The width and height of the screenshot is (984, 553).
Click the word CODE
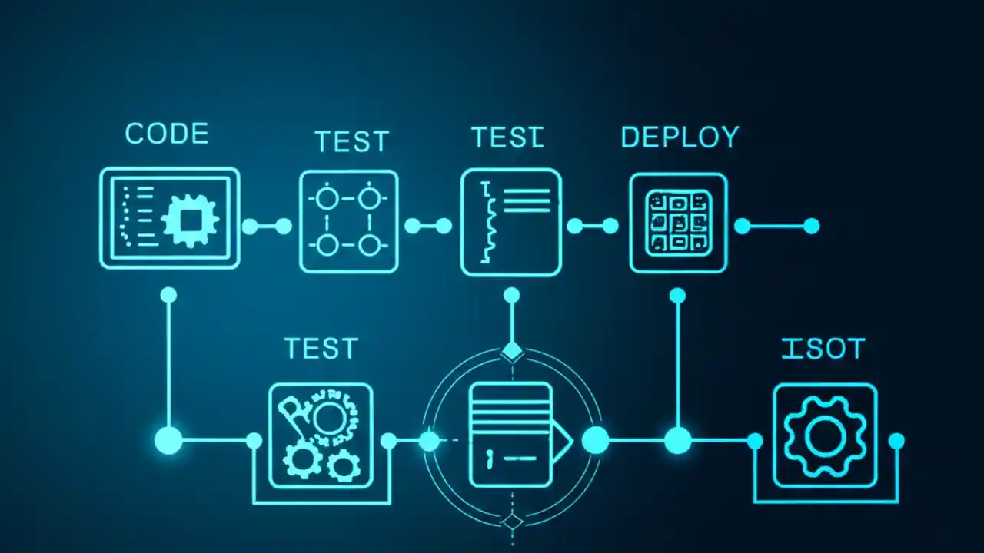pos(166,134)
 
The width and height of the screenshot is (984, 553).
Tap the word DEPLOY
pos(680,137)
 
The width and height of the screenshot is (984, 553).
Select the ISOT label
pos(823,349)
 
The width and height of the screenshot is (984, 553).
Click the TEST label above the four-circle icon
pos(351,142)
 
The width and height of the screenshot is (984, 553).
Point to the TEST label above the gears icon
pos(321,349)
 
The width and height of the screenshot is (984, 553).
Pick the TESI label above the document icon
pos(507,137)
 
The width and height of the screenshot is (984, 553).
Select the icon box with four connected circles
pos(348,222)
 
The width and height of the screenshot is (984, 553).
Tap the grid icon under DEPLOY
pos(677,223)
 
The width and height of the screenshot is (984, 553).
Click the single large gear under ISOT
pos(824,436)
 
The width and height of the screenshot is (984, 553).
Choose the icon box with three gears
pos(321,436)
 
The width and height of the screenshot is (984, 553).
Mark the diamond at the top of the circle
pos(512,352)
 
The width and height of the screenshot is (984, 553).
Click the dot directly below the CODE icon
pos(168,295)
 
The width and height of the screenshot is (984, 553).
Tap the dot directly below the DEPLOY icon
pos(677,296)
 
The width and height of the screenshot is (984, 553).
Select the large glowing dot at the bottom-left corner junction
pos(168,441)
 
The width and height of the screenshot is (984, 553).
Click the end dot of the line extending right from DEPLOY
pos(811,226)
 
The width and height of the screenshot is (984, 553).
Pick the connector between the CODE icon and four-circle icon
pos(267,227)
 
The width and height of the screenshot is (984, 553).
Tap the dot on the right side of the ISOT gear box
pos(896,441)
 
